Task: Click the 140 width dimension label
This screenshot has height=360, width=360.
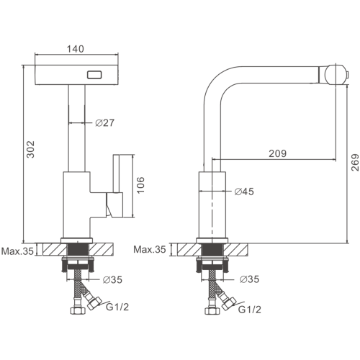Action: point(75,49)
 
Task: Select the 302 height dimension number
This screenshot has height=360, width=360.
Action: point(30,149)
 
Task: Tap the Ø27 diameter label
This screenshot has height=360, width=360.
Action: point(105,123)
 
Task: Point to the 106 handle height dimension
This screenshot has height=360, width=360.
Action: point(140,185)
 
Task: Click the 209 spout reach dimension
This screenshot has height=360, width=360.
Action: point(277,153)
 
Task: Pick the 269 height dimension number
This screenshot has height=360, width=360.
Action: point(355,162)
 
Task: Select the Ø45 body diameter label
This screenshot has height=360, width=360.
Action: point(244,192)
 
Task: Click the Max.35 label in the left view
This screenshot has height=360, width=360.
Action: point(17,251)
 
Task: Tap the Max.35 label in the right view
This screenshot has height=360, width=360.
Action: point(150,249)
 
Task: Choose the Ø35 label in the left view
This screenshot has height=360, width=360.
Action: point(112,279)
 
